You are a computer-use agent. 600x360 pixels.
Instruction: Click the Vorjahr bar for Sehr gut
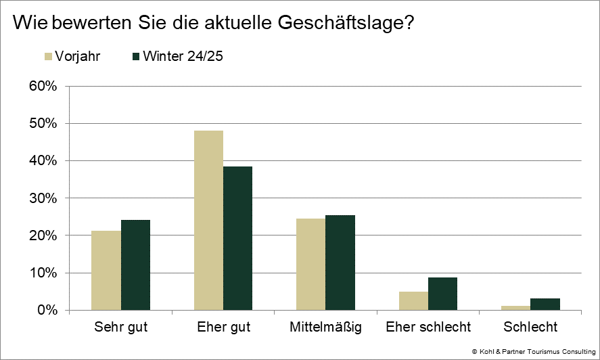(x=106, y=271)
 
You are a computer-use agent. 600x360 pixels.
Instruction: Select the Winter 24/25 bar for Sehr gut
(x=135, y=265)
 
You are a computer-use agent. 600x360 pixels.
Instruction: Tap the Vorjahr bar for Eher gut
(x=208, y=221)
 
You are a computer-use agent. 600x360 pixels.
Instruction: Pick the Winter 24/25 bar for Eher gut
(x=237, y=238)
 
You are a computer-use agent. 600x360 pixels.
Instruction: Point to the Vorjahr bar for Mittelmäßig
(x=310, y=265)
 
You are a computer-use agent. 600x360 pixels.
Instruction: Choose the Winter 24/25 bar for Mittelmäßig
(x=340, y=263)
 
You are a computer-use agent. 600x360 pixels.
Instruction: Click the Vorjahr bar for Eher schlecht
(x=413, y=301)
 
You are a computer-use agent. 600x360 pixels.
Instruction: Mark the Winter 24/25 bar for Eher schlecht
(x=442, y=294)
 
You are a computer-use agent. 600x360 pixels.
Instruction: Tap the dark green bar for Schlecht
(x=545, y=305)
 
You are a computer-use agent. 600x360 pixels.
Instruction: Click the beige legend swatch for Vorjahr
(x=48, y=56)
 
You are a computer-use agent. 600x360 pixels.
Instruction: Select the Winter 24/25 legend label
(x=183, y=56)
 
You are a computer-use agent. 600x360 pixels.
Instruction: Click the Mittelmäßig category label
(x=325, y=328)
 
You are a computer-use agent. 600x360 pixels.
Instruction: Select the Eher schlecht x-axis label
(x=428, y=328)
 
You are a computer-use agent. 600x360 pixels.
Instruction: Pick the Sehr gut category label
(x=120, y=328)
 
